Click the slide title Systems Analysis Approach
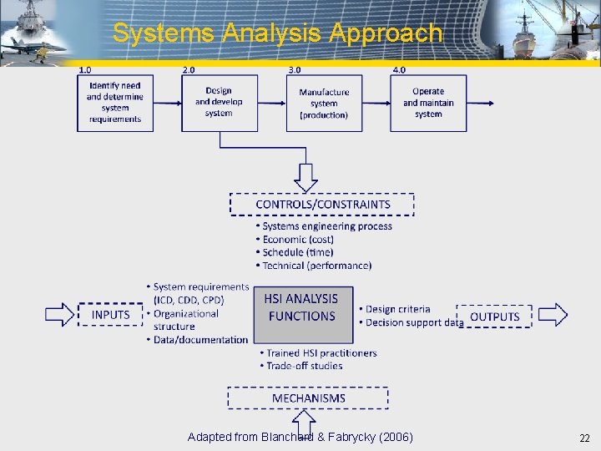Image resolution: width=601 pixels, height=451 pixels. [277, 33]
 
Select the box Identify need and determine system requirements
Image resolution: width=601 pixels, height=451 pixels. [115, 103]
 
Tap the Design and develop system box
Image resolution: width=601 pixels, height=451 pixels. [219, 103]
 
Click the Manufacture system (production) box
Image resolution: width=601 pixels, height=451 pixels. [324, 103]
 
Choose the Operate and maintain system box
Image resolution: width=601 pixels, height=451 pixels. [428, 103]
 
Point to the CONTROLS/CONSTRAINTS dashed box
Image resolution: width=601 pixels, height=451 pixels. [322, 205]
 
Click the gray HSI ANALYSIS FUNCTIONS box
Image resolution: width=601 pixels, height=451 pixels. [302, 315]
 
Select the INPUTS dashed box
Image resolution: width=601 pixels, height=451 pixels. [111, 315]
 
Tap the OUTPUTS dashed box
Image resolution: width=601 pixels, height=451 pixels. [494, 317]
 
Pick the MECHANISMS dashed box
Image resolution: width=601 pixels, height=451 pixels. [308, 398]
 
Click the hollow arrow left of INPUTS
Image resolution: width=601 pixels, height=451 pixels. [59, 315]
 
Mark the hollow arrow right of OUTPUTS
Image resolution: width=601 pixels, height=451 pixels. [553, 315]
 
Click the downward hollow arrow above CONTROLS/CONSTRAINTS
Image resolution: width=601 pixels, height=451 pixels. [306, 177]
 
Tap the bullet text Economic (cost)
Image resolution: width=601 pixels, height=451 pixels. [298, 240]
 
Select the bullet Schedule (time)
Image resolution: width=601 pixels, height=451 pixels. [298, 252]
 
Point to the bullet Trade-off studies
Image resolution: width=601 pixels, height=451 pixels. [304, 366]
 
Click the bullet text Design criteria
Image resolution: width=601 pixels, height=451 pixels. [397, 309]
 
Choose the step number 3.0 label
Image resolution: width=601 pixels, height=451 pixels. [295, 70]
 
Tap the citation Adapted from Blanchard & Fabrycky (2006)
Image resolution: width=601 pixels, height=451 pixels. [300, 438]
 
